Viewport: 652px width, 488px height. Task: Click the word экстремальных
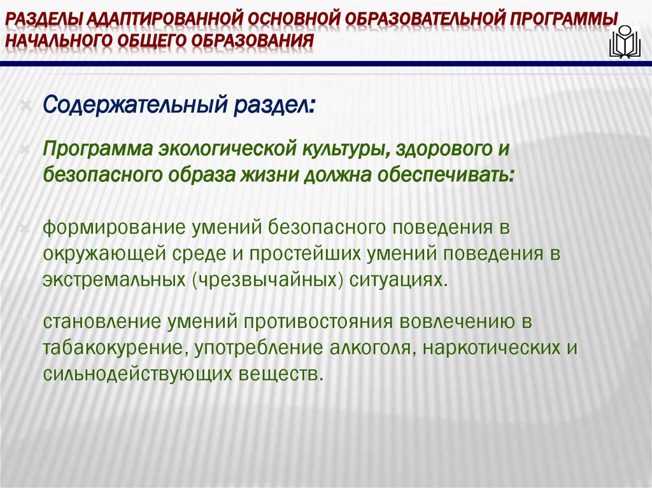pyautogui.click(x=113, y=280)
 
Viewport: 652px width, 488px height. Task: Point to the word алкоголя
pyautogui.click(x=371, y=347)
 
